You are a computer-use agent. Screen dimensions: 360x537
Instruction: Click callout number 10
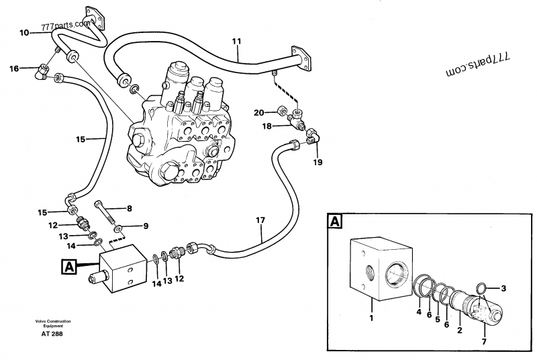[x=24, y=32]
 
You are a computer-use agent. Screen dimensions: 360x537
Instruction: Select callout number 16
[x=14, y=68]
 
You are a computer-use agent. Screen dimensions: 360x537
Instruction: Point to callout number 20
[x=258, y=111]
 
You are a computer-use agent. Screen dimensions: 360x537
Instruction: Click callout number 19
[x=318, y=162]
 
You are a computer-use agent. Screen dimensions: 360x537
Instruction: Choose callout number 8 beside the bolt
[x=130, y=208]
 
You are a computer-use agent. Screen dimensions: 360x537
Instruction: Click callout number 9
[x=145, y=226]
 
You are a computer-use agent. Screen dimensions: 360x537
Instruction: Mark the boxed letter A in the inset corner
[x=334, y=222]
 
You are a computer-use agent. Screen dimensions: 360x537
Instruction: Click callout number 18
[x=267, y=126]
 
